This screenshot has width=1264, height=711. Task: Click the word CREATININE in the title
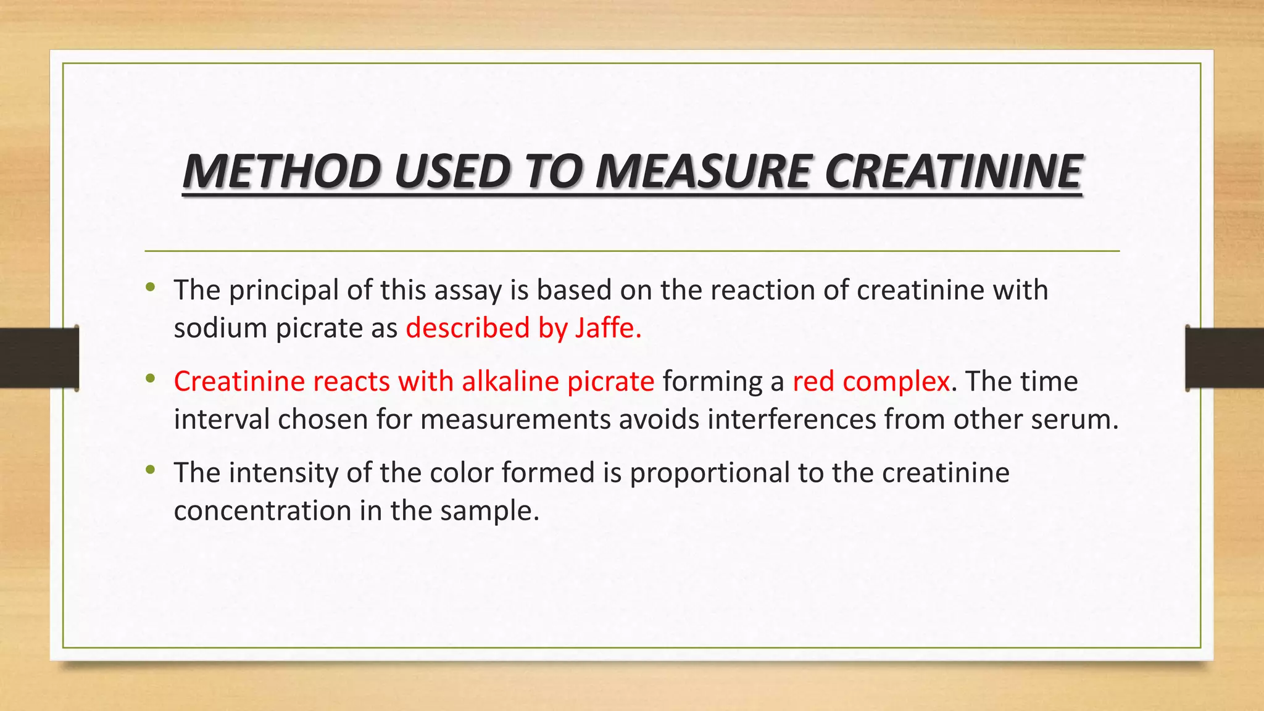(x=952, y=171)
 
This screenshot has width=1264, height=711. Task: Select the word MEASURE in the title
(x=702, y=171)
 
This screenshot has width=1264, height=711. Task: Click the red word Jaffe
(x=608, y=328)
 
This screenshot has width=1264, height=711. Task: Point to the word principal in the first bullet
(x=284, y=291)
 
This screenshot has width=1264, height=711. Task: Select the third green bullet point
(x=151, y=470)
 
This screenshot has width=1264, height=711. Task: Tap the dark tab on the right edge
(x=1224, y=358)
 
